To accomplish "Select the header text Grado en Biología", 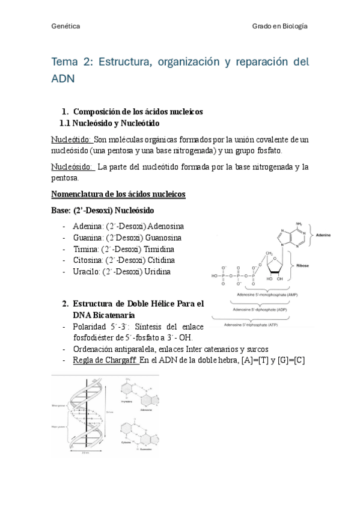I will tap(279, 27).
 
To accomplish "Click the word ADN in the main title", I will tap(63, 79).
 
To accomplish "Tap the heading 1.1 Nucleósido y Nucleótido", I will tap(109, 123).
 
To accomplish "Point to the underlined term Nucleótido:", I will tap(72, 140).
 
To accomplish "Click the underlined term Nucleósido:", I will tap(73, 167).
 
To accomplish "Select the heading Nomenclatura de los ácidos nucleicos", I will tap(118, 194).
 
